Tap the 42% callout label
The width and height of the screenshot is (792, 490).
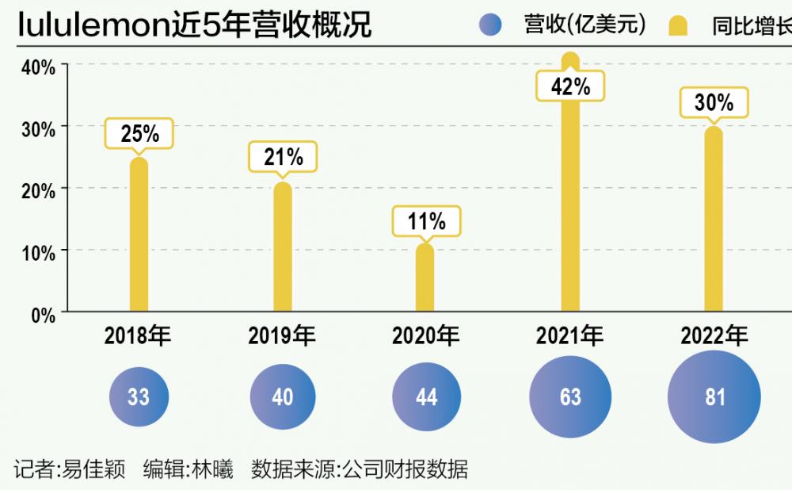pyautogui.click(x=570, y=86)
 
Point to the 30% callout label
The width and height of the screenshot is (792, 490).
pyautogui.click(x=714, y=102)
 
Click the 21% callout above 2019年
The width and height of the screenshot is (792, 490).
pyautogui.click(x=283, y=157)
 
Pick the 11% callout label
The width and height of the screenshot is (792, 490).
pyautogui.click(x=426, y=221)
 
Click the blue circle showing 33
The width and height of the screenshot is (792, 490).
pyautogui.click(x=139, y=396)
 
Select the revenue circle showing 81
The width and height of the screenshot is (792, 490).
pyautogui.click(x=714, y=396)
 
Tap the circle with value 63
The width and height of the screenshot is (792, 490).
pyautogui.click(x=570, y=396)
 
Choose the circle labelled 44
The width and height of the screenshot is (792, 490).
pyautogui.click(x=426, y=396)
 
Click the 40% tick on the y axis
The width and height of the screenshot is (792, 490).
pyautogui.click(x=38, y=67)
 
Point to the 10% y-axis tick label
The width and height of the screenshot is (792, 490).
pyautogui.click(x=38, y=253)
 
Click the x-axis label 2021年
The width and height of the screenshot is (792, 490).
pyautogui.click(x=569, y=336)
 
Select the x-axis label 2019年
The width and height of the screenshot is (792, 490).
pyautogui.click(x=282, y=336)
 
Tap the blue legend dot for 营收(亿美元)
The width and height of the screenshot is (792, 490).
pyautogui.click(x=490, y=26)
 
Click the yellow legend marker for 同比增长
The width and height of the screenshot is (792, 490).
pyautogui.click(x=678, y=27)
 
